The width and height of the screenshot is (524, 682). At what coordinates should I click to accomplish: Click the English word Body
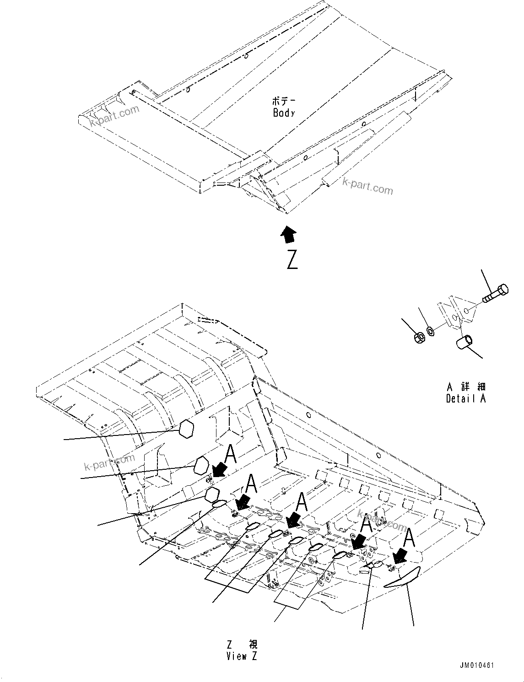point(284,113)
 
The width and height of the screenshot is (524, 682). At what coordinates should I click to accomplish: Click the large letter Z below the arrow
point(292,259)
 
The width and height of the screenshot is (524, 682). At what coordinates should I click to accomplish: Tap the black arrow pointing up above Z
point(288,234)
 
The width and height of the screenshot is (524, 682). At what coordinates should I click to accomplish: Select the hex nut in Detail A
point(419,338)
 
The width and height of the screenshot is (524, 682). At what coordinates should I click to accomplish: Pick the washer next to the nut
point(431,330)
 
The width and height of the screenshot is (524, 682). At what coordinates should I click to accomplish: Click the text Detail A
point(466,398)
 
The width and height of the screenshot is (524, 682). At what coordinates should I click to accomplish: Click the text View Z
point(242,656)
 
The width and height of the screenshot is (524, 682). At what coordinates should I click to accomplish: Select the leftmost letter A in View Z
point(231,455)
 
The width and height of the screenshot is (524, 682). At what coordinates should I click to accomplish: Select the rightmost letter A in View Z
point(409,537)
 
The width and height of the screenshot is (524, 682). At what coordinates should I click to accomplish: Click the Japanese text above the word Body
point(284,101)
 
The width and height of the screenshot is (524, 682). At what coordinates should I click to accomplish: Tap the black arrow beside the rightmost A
point(400,555)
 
